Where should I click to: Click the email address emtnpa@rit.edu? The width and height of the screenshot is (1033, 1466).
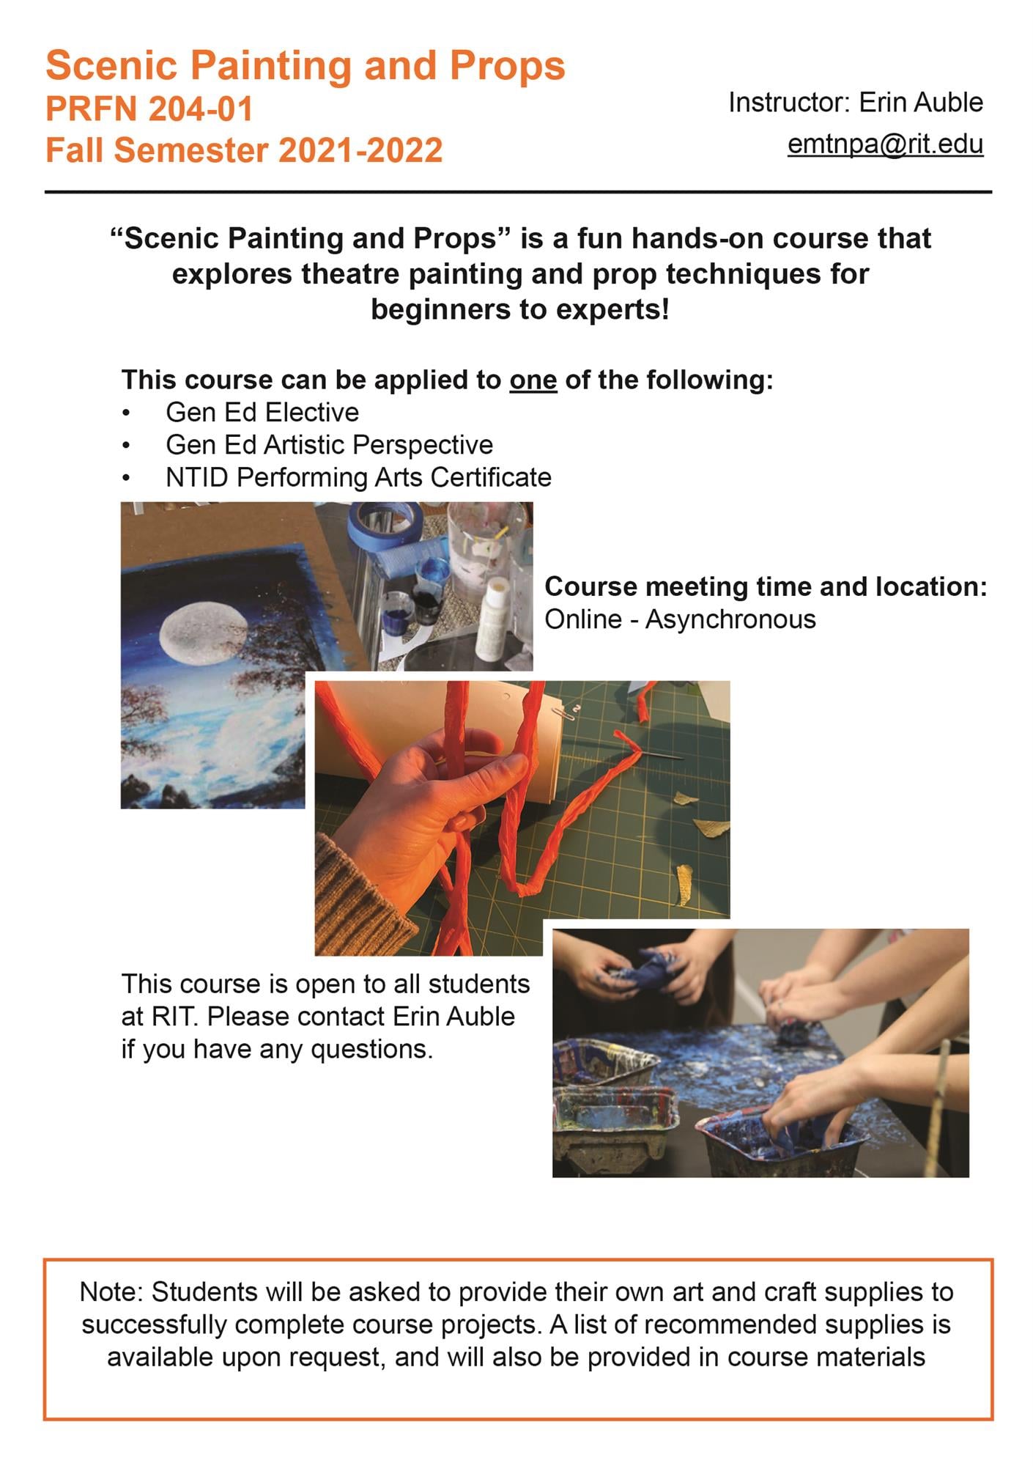(x=885, y=144)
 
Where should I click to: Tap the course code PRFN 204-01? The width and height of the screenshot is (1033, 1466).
(x=149, y=109)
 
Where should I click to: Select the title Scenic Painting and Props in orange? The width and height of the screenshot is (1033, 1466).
(x=306, y=65)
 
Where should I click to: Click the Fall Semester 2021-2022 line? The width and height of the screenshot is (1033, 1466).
(x=244, y=150)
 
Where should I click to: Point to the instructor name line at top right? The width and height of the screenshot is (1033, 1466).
(x=856, y=103)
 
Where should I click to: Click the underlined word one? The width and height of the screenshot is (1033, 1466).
(x=533, y=380)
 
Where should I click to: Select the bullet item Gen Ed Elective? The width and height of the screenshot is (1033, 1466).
(x=262, y=413)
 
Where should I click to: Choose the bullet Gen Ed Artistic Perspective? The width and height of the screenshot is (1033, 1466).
(x=330, y=445)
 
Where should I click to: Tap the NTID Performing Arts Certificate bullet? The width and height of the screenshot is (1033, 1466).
(x=358, y=477)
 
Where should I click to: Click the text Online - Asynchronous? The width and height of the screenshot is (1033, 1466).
(x=680, y=619)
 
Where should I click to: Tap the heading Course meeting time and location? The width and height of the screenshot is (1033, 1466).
(x=766, y=586)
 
